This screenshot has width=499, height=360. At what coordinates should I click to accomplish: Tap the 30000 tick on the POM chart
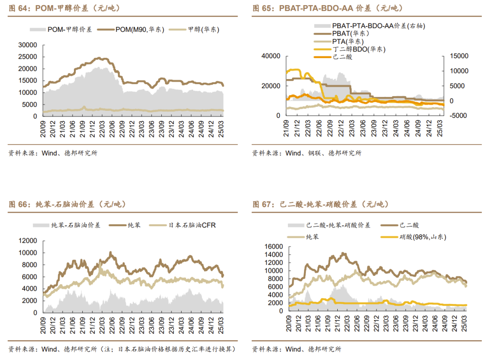pos(27,45)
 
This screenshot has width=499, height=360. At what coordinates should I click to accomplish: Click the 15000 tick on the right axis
pos(459,56)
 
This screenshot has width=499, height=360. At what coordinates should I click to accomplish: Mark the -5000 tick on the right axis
pos(459,116)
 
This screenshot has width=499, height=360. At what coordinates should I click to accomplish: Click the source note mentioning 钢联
pos(307,153)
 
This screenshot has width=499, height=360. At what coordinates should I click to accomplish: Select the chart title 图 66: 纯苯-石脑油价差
pos(67,204)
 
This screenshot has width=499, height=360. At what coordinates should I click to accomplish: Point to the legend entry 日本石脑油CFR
pos(192,225)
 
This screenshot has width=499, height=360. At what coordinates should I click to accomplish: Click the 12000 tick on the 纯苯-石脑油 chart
pos(27,241)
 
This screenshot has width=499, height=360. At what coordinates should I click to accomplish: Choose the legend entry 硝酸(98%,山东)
pos(414,237)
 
